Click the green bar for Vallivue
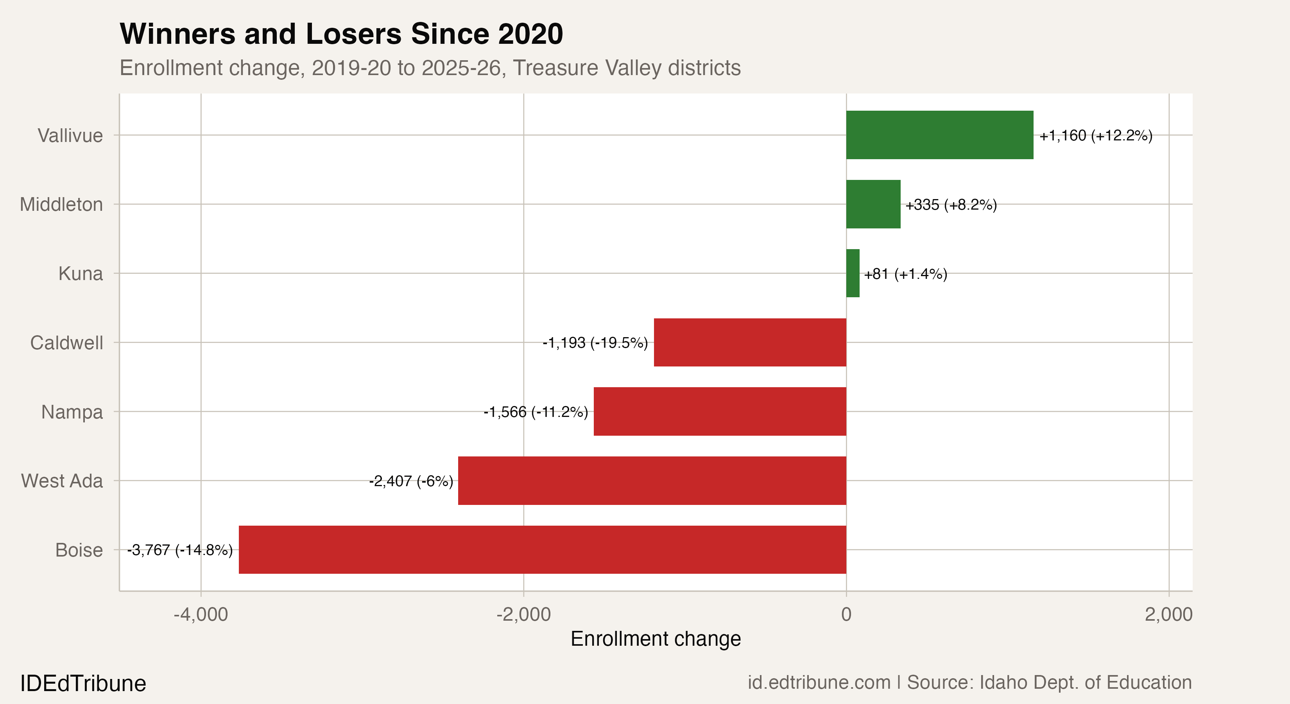point(939,135)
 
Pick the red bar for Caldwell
point(750,342)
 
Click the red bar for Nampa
point(720,411)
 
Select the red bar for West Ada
point(652,481)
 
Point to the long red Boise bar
point(542,550)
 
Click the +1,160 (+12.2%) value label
point(1096,135)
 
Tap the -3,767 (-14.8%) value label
point(180,550)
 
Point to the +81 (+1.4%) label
point(905,274)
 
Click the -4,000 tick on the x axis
point(201,614)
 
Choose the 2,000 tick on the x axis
point(1168,614)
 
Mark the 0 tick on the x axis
point(846,614)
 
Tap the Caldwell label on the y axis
point(66,343)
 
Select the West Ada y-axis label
point(62,481)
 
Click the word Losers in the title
point(353,34)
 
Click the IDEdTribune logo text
point(83,683)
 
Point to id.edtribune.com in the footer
point(819,682)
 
